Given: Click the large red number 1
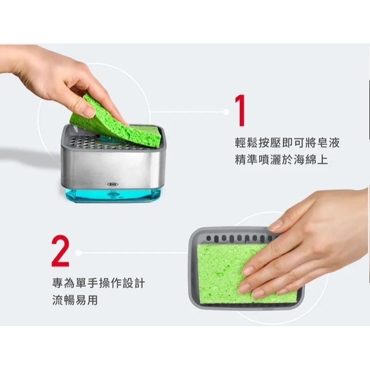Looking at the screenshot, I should pos(240,111).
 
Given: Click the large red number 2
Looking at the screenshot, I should pos(60,251).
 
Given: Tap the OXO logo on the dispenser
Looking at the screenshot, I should pos(112,184).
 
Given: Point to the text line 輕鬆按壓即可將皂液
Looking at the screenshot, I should pos(287,143).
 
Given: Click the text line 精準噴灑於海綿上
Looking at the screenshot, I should pos(281,160).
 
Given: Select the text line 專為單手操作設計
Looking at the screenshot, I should pos(98,283).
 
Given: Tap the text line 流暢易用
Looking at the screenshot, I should pos(74,300).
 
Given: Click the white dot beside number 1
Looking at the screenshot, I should pos(226,112).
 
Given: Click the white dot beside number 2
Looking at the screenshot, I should pos(77,253).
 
